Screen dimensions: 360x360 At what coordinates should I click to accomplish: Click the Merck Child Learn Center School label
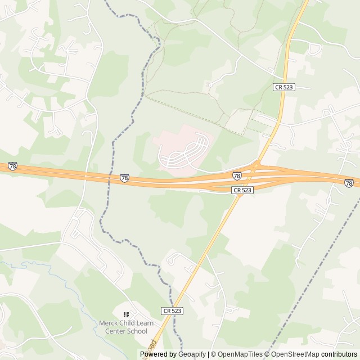(x=123, y=327)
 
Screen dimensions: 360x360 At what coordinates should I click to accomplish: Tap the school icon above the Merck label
(x=125, y=314)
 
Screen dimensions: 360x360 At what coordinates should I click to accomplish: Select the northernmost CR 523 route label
(x=284, y=87)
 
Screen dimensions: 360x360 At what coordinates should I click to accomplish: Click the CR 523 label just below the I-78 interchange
(x=242, y=191)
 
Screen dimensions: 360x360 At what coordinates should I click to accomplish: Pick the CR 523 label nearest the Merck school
(x=172, y=310)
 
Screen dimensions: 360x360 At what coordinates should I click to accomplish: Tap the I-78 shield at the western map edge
(x=12, y=166)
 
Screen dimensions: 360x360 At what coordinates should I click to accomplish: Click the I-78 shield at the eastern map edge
(x=349, y=183)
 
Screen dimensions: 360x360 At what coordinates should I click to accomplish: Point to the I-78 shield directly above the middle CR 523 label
(x=237, y=176)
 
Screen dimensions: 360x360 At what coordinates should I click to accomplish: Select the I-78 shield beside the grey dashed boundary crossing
(x=124, y=178)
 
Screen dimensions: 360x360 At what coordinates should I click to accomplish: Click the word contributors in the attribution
(x=339, y=354)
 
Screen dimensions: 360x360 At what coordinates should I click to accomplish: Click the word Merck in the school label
(x=108, y=323)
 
